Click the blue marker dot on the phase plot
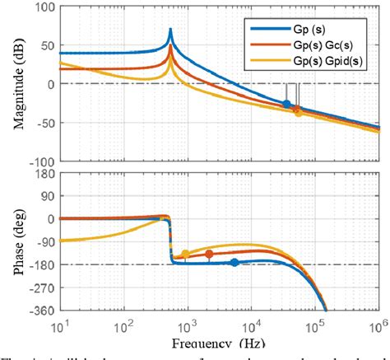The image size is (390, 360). [234, 262]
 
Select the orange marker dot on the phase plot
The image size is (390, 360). [209, 254]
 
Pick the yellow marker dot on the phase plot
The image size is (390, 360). [185, 254]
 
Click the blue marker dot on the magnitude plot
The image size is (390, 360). [286, 104]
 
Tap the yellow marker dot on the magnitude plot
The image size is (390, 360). [299, 112]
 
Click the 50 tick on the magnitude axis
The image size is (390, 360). [43, 46]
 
